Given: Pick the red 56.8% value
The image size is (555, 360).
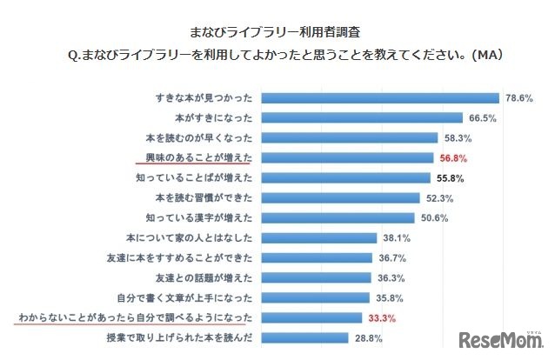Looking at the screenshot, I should [x=452, y=158].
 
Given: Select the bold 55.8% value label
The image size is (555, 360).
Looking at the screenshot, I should [x=449, y=178].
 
